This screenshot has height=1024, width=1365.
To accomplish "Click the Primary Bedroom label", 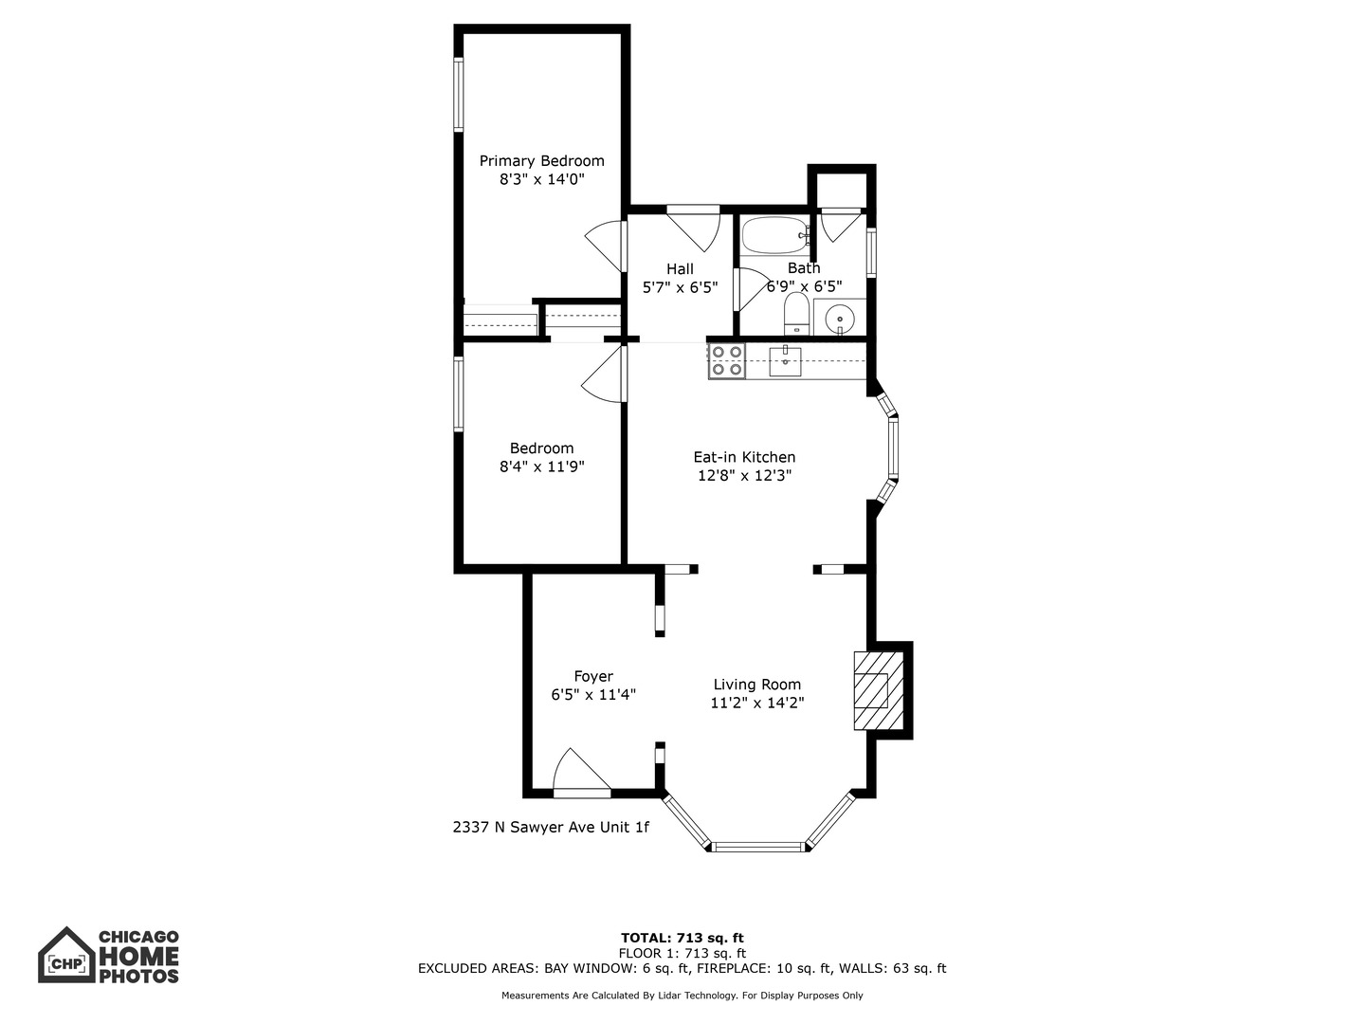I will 541,161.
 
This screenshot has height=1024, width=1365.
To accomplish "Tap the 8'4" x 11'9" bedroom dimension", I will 541,466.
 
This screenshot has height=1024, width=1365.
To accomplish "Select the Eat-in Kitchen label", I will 744,457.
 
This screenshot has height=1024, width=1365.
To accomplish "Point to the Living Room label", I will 756,685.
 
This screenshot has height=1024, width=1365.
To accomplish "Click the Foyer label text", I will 593,676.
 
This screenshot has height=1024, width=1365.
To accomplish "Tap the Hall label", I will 680,269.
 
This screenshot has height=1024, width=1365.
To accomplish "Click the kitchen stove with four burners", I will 727,361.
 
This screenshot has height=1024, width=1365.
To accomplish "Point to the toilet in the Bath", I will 796,315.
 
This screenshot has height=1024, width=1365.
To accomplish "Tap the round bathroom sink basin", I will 840,318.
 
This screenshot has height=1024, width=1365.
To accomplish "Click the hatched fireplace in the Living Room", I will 872,689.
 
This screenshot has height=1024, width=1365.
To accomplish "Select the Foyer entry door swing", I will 578,771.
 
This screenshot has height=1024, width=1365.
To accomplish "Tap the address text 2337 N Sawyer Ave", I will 551,827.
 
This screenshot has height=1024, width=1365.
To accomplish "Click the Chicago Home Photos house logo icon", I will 66,956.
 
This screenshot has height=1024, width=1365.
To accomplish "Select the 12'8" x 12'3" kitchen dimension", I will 744,476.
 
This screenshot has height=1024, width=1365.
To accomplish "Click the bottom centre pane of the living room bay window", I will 758,846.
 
